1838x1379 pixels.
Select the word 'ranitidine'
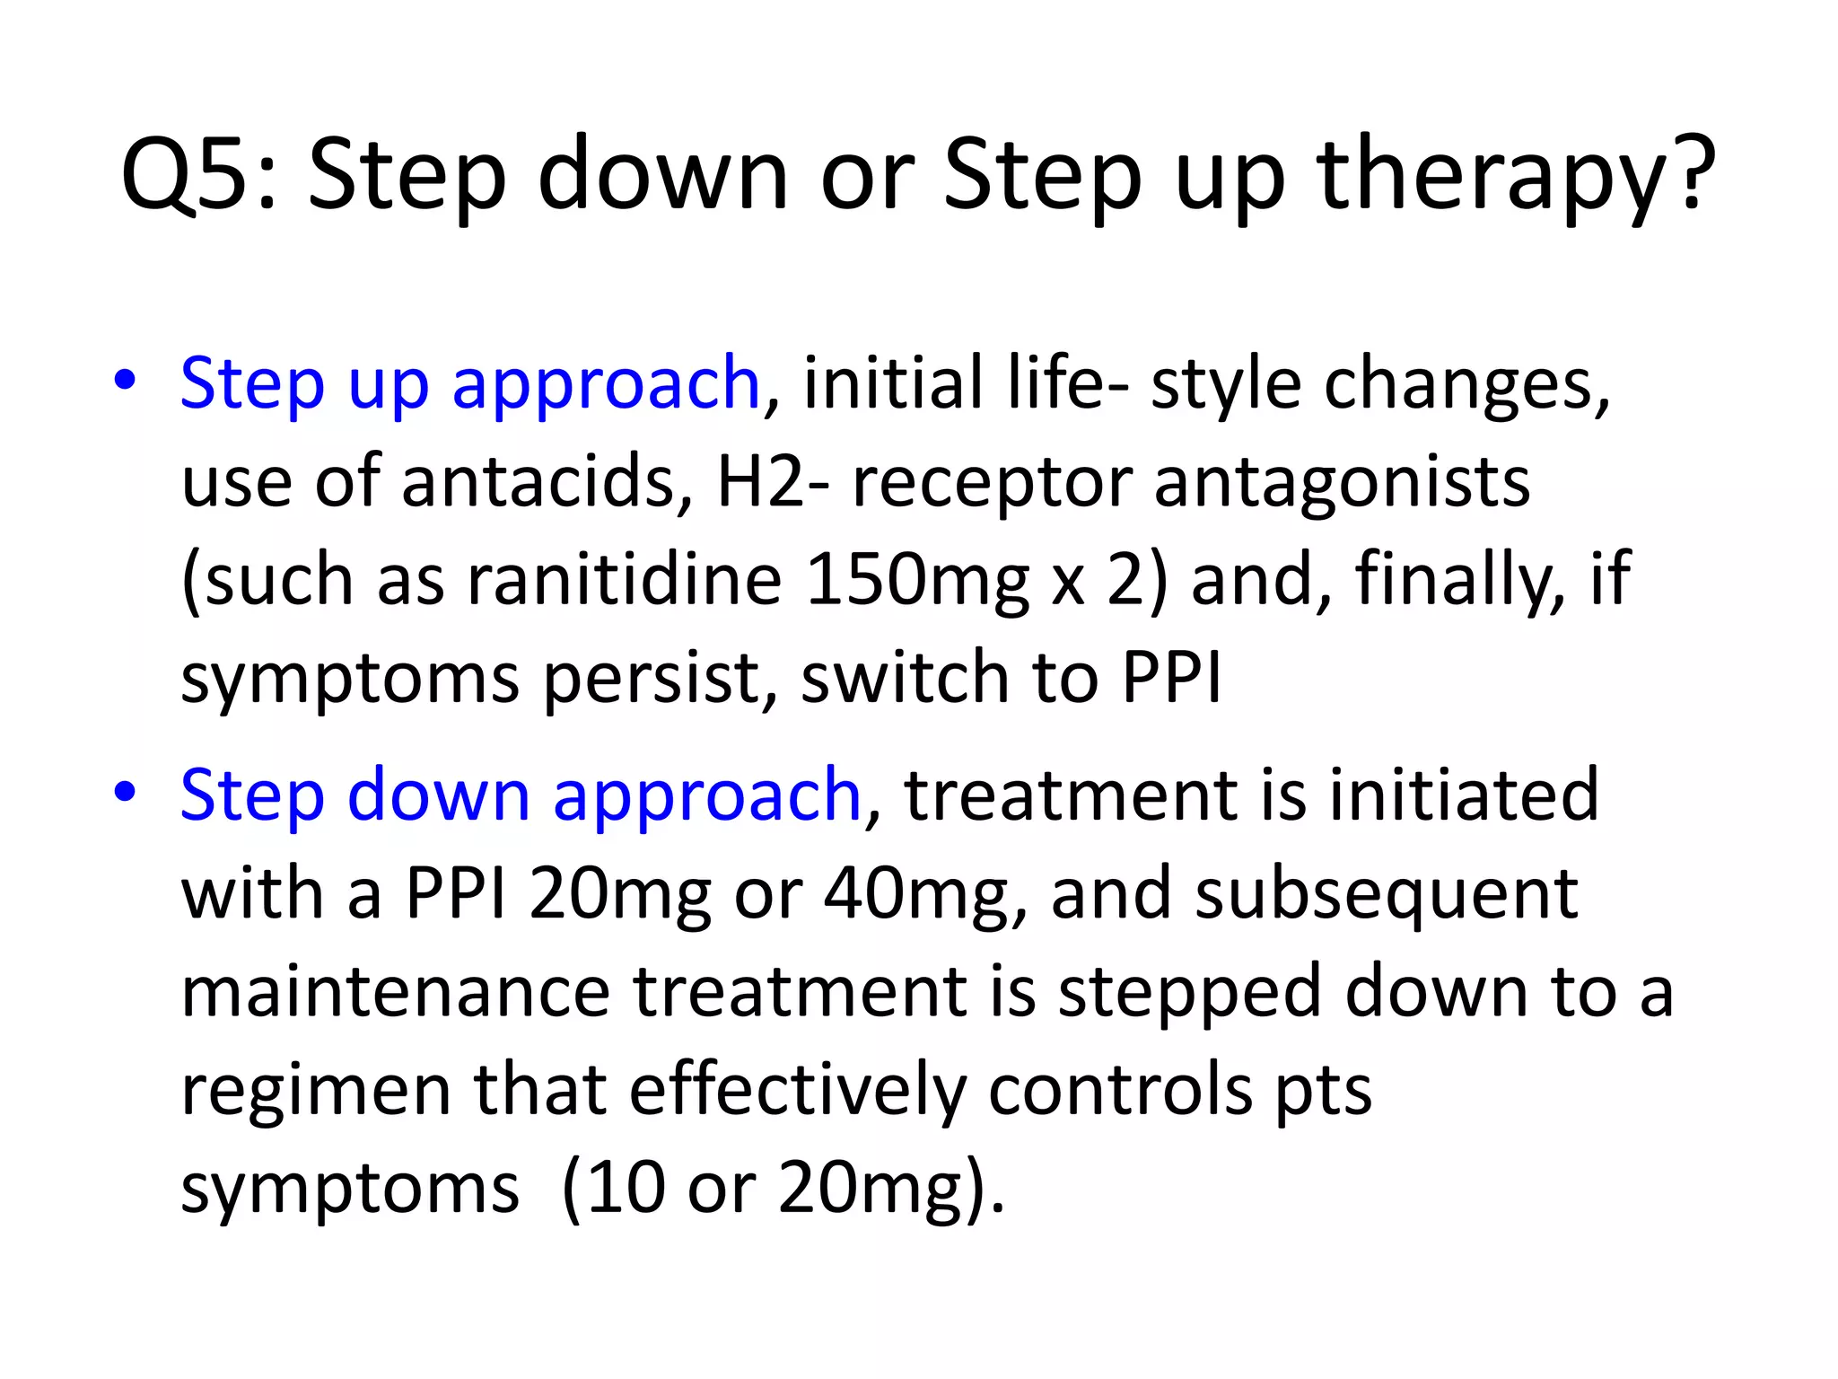[x=625, y=579]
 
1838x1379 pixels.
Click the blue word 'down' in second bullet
[x=439, y=795]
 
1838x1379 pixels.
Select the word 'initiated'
[x=1464, y=795]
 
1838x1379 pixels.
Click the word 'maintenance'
[x=396, y=992]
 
